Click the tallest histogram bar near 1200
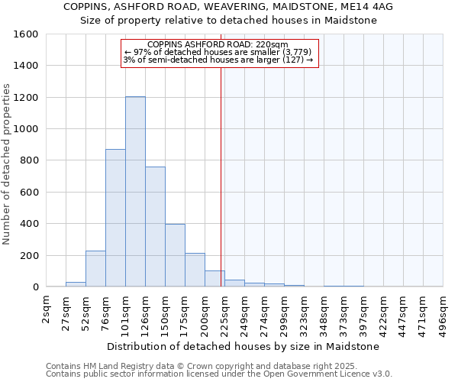tap(135, 191)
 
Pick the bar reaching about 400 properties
tap(175, 255)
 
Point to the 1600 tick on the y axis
tap(27, 34)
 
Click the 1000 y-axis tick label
tap(27, 129)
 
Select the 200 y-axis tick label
tap(31, 255)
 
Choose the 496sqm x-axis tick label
tap(443, 311)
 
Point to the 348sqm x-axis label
tap(324, 311)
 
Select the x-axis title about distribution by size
tap(244, 346)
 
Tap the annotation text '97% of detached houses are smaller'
tap(218, 52)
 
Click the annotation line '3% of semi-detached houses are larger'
tap(218, 60)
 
